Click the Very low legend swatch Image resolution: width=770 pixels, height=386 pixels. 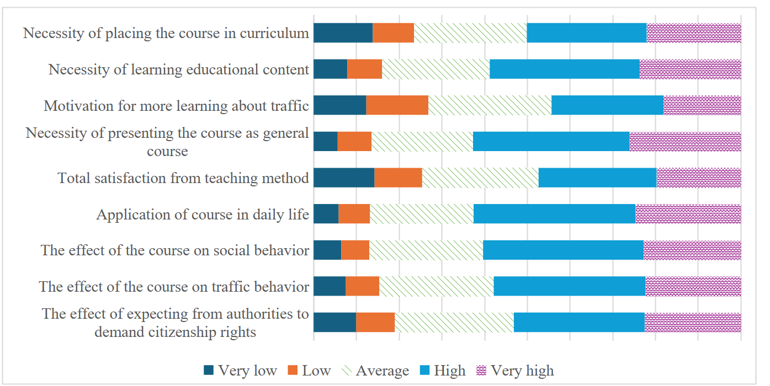208,370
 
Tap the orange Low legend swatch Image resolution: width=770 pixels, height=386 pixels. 293,370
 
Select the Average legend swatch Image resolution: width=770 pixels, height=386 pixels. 347,370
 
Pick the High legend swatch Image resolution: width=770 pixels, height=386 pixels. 424,370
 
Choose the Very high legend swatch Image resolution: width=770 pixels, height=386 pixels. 481,370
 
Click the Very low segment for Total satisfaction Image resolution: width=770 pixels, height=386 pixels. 344,178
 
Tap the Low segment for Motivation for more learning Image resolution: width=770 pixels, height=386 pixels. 397,105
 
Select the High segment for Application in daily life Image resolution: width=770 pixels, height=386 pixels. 555,214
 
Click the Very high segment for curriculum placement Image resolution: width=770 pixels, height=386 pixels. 694,33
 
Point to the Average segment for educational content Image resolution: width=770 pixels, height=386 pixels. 436,69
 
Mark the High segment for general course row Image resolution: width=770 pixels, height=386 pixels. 551,142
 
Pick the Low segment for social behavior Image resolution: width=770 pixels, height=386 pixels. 355,250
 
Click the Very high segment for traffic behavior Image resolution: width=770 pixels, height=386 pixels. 693,286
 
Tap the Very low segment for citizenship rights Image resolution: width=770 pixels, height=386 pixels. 335,323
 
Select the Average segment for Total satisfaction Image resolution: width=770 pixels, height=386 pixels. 480,178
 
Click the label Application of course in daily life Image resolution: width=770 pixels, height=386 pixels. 203,215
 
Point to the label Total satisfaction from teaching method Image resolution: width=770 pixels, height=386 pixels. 183,178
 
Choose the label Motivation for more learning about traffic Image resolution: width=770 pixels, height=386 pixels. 176,106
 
